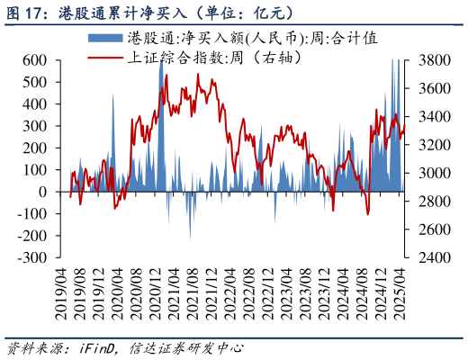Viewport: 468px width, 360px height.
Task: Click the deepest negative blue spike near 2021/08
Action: pyautogui.click(x=190, y=238)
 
